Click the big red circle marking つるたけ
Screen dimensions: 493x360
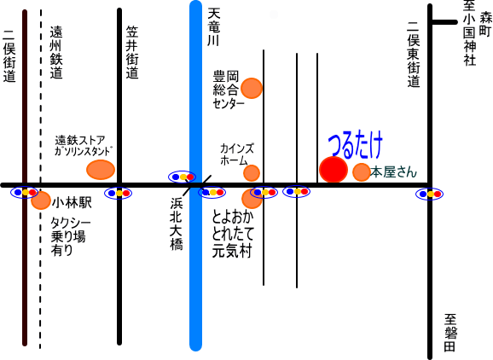pos(333,170)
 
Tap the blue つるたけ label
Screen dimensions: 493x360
pos(356,145)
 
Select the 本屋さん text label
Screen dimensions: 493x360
pos(393,172)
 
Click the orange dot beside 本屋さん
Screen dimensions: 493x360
pos(362,172)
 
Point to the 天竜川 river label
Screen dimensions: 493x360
pos(214,27)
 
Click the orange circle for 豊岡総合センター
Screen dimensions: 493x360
pos(252,88)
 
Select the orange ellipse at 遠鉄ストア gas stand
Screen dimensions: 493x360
pos(101,170)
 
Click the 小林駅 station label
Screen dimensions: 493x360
pos(72,203)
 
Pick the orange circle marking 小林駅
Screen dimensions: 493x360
pos(41,200)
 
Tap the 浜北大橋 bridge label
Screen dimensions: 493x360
pos(177,224)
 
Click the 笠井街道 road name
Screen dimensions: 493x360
pos(132,52)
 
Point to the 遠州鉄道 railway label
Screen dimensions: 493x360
pos(56,52)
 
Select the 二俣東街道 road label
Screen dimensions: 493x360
pos(414,54)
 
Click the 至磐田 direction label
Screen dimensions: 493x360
pos(450,333)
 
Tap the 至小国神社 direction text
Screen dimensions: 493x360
pos(469,32)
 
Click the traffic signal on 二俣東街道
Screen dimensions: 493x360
pos(429,194)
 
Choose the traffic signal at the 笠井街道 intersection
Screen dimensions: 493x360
pos(119,193)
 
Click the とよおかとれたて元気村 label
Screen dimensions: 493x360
pos(233,234)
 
